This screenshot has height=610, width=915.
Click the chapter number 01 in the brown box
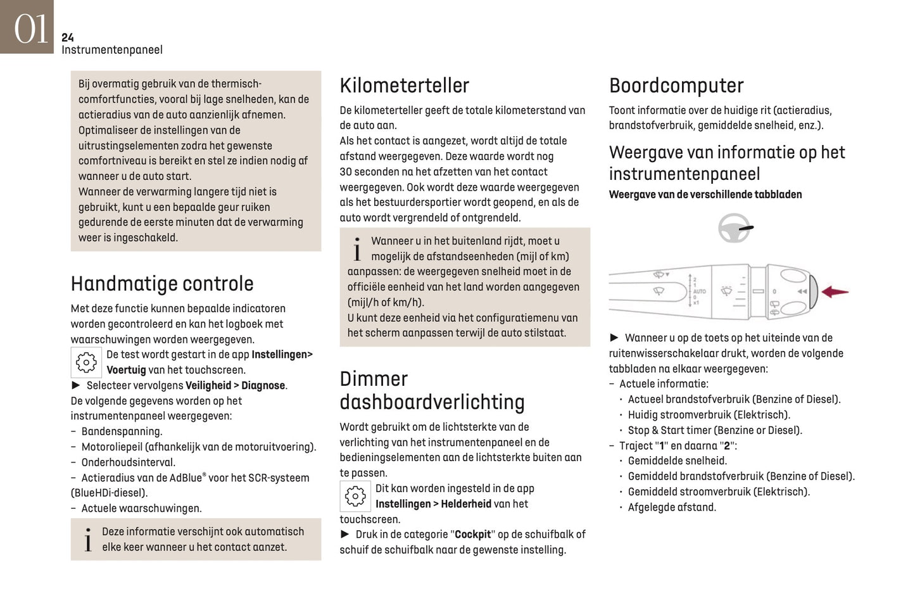pyautogui.click(x=30, y=29)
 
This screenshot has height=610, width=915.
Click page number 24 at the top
pyautogui.click(x=68, y=37)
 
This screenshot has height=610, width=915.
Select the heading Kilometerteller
pyautogui.click(x=404, y=86)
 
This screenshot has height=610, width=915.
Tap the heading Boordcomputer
pyautogui.click(x=676, y=86)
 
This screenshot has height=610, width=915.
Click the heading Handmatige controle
pyautogui.click(x=162, y=284)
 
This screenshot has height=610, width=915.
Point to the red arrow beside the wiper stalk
pyautogui.click(x=835, y=292)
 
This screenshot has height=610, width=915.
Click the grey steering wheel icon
pyautogui.click(x=734, y=228)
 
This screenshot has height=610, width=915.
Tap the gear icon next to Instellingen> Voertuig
pyautogui.click(x=86, y=362)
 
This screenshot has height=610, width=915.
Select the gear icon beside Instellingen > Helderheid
pyautogui.click(x=355, y=496)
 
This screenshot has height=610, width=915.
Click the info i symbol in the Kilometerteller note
pyautogui.click(x=357, y=250)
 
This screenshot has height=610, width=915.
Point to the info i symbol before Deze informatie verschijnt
pyautogui.click(x=88, y=540)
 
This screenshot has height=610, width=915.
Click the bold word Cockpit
pyautogui.click(x=472, y=535)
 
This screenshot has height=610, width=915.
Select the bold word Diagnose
pyautogui.click(x=263, y=385)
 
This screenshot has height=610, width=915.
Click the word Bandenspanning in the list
pyautogui.click(x=122, y=431)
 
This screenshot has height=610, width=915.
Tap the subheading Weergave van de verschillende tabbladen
pyautogui.click(x=705, y=194)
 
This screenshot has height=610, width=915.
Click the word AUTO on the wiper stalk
pyautogui.click(x=699, y=291)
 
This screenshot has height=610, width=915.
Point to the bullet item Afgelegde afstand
pyautogui.click(x=671, y=507)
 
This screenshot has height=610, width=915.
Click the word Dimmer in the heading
pyautogui.click(x=374, y=379)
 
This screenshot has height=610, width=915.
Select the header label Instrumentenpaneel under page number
pyautogui.click(x=112, y=50)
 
